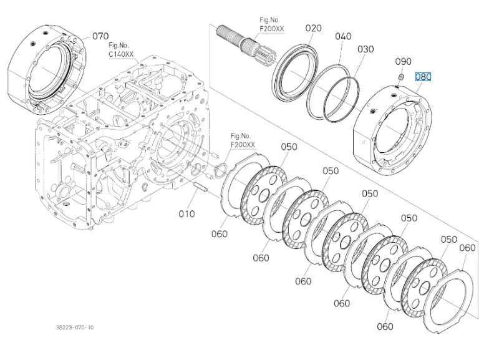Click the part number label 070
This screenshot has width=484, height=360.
pyautogui.click(x=100, y=36)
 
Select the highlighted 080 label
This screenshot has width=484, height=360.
pyautogui.click(x=423, y=77)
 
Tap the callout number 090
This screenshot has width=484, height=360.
pyautogui.click(x=404, y=62)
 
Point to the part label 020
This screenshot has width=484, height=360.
pyautogui.click(x=314, y=28)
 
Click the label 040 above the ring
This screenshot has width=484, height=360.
pyautogui.click(x=343, y=36)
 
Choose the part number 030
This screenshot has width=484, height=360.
pyautogui.click(x=365, y=49)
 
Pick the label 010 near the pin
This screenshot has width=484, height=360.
pyautogui.click(x=186, y=214)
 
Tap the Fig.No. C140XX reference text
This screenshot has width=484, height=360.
pyautogui.click(x=120, y=50)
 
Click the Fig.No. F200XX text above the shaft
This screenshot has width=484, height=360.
pyautogui.click(x=272, y=24)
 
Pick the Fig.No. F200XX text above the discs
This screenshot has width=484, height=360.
pyautogui.click(x=243, y=140)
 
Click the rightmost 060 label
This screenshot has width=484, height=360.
pyautogui.click(x=467, y=248)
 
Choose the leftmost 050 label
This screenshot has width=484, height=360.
pyautogui.click(x=289, y=147)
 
